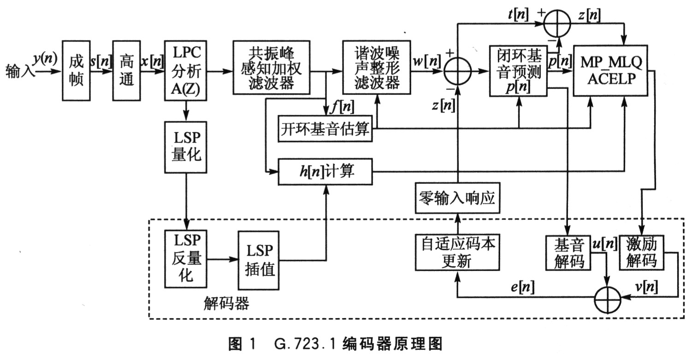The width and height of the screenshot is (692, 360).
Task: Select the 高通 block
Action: [x=126, y=70]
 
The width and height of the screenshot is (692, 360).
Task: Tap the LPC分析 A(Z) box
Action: [x=186, y=71]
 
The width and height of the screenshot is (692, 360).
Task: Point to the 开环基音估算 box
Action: [x=325, y=130]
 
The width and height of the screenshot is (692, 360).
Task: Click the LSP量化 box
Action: [x=186, y=147]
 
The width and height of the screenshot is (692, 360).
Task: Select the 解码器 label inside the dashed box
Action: [x=226, y=303]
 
